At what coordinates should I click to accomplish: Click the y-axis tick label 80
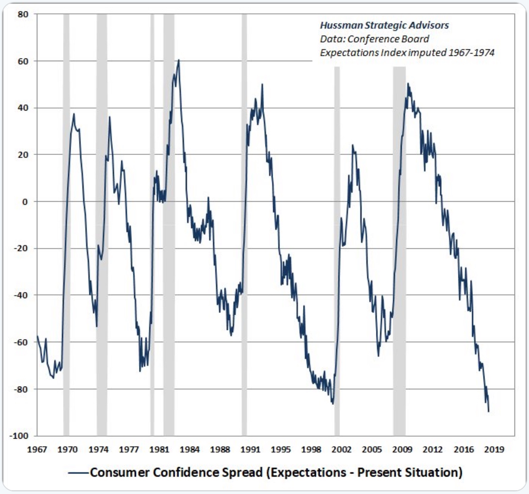click(23, 14)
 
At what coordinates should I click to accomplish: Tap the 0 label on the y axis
click(25, 202)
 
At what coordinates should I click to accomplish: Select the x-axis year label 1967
click(37, 450)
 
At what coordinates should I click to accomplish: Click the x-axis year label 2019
click(494, 450)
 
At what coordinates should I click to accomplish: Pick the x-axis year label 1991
click(250, 450)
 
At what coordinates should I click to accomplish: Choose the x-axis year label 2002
click(342, 450)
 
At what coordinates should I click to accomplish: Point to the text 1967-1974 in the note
click(471, 53)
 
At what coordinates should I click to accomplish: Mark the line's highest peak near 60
click(179, 60)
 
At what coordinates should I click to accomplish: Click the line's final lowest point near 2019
click(489, 411)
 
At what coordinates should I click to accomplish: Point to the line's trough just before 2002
click(333, 404)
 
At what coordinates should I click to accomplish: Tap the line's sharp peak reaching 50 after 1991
click(262, 84)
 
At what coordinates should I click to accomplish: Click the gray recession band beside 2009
click(399, 250)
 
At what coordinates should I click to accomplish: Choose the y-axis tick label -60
click(21, 342)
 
